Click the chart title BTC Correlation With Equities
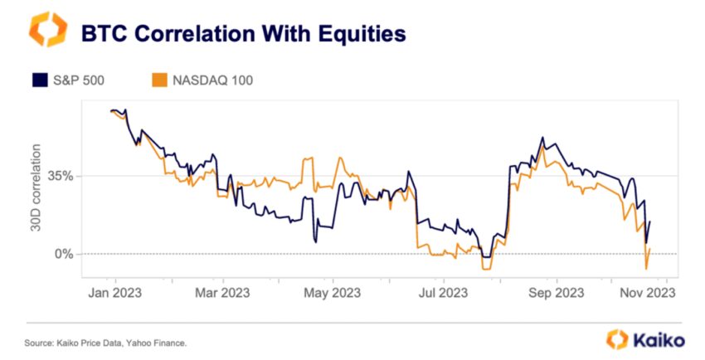pyautogui.click(x=242, y=33)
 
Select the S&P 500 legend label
pyautogui.click(x=80, y=80)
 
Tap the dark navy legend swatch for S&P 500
pyautogui.click(x=39, y=80)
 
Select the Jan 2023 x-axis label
pyautogui.click(x=114, y=293)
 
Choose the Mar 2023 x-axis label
pyautogui.click(x=221, y=293)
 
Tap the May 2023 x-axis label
pyautogui.click(x=332, y=293)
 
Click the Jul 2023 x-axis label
pyautogui.click(x=442, y=293)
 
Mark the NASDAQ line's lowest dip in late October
pyautogui.click(x=646, y=269)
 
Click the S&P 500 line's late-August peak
pyautogui.click(x=542, y=138)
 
